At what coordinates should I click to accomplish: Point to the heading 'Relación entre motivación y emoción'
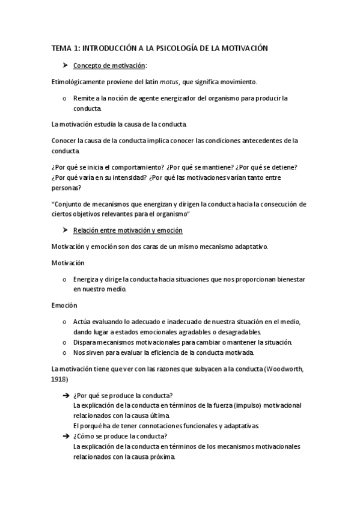[128, 230]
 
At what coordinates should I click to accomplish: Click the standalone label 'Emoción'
[64, 306]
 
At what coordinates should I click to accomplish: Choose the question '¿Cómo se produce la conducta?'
[121, 436]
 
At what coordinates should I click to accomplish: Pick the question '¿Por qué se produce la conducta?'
[123, 395]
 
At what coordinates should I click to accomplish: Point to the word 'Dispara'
[86, 342]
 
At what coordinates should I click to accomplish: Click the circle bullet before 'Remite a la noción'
[64, 98]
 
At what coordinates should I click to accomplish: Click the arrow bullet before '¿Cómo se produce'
[65, 436]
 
